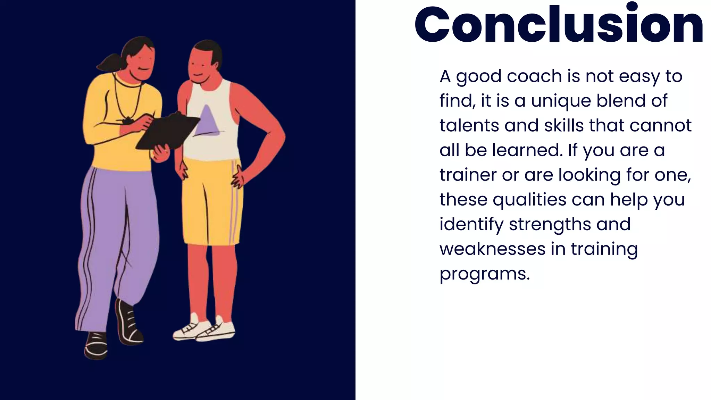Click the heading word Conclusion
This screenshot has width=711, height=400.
(x=559, y=25)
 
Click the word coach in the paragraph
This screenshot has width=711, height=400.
(x=534, y=76)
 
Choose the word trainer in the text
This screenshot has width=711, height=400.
(x=468, y=175)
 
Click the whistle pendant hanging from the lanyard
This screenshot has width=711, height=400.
(x=127, y=121)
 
